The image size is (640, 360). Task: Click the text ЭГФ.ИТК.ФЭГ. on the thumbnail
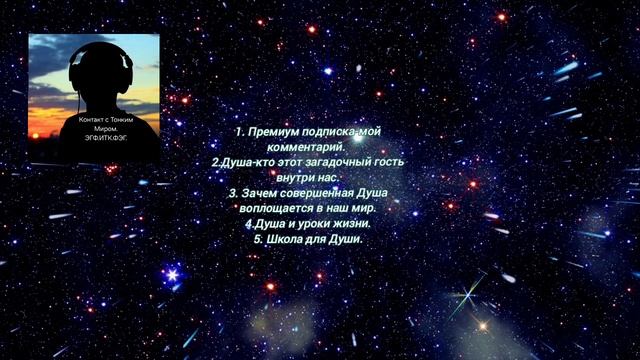point(108,137)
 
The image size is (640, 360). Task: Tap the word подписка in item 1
point(337,132)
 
